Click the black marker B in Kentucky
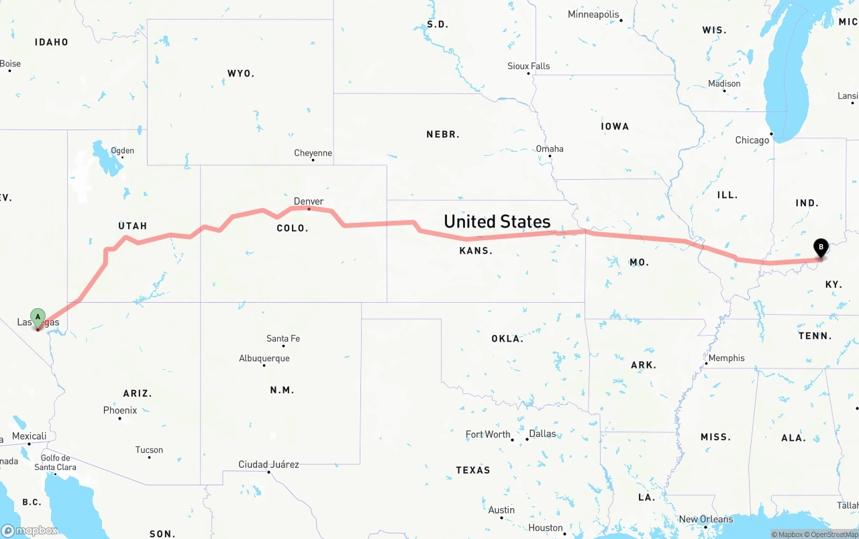point(820,248)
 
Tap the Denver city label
point(309,201)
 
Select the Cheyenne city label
point(313,153)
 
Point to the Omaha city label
point(550,149)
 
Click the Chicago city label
point(752,140)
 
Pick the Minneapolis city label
point(593,14)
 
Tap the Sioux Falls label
point(528,66)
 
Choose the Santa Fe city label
point(283,338)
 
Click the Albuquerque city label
point(264,358)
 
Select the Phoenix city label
point(120,410)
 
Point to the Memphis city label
point(727,358)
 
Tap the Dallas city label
point(542,434)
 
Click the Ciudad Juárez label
point(268,464)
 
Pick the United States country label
point(497,222)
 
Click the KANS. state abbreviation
point(476,251)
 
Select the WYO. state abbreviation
point(241,73)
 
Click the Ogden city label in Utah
point(122,151)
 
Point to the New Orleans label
point(706,519)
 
